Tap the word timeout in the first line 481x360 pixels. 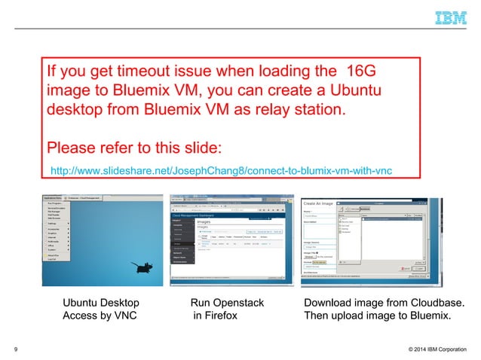click(x=147, y=72)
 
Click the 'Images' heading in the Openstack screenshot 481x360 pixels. click(x=209, y=221)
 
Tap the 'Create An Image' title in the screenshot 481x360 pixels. click(x=318, y=203)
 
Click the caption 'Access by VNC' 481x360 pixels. click(x=100, y=316)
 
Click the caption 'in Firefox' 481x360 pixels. click(x=215, y=316)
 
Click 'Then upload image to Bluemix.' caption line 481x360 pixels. click(x=377, y=316)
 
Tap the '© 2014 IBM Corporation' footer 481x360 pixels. click(x=428, y=349)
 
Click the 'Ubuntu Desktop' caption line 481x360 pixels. click(x=100, y=304)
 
